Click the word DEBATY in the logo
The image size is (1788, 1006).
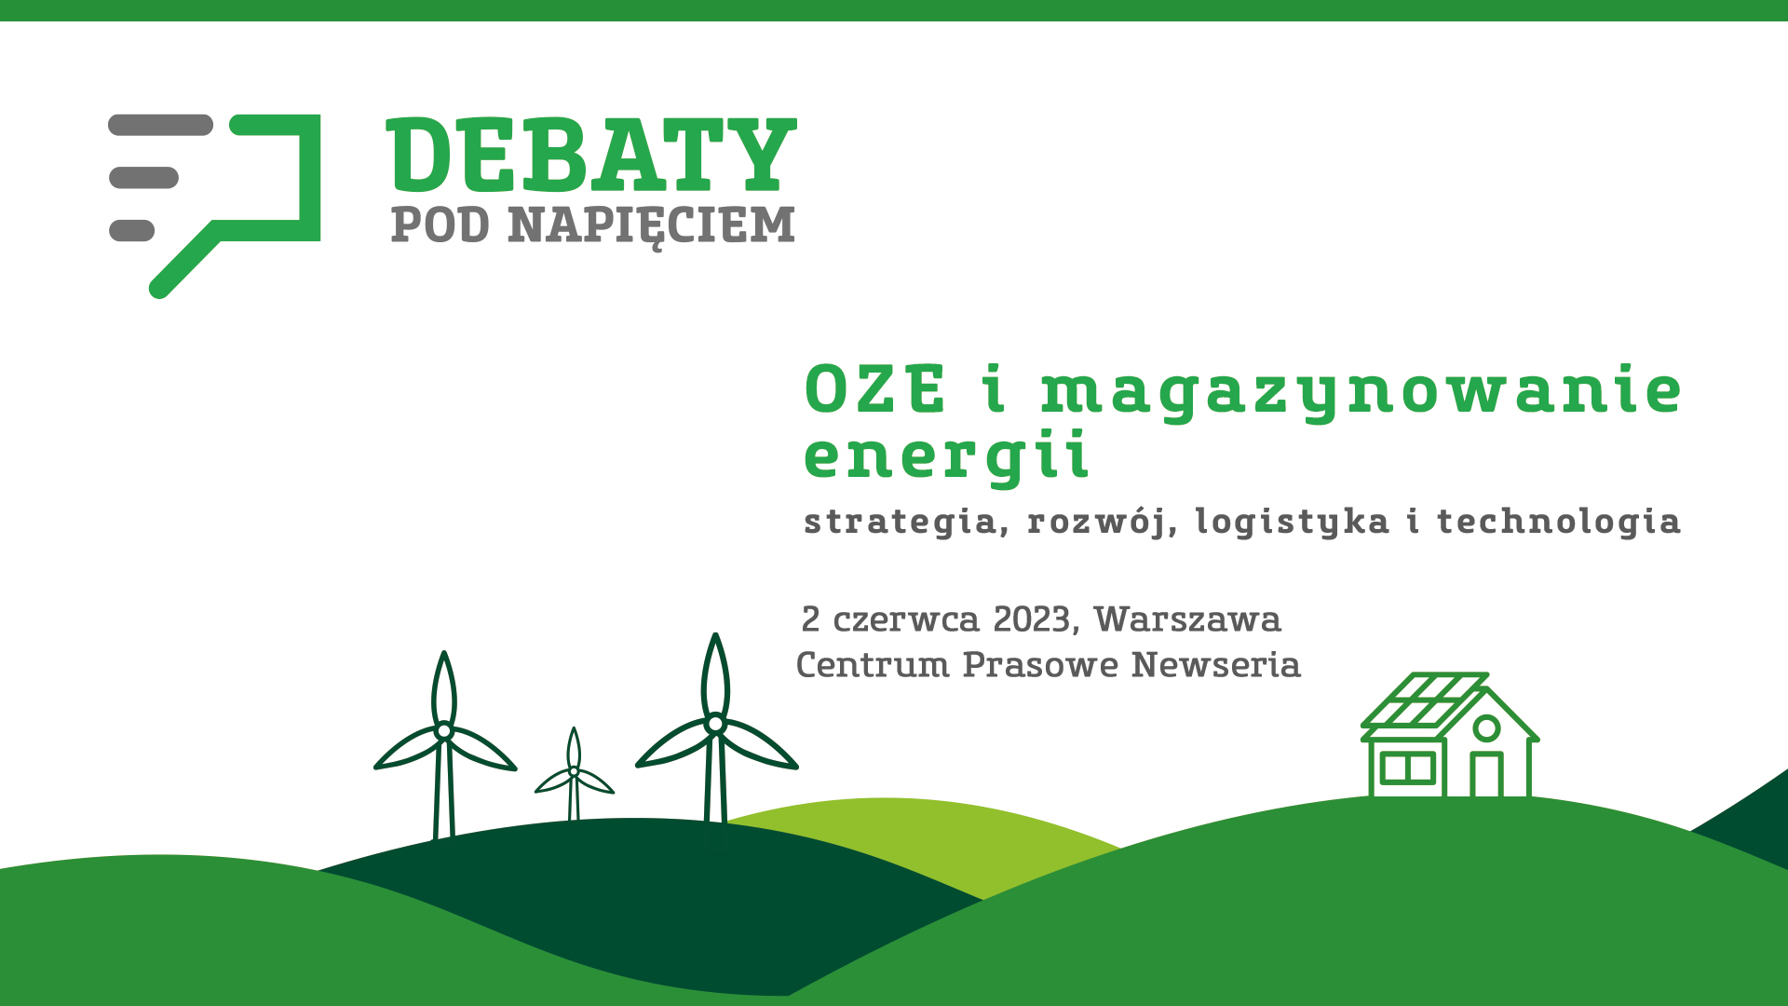[591, 154]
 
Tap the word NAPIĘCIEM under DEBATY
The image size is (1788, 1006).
[652, 226]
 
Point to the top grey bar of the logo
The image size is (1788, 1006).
[160, 125]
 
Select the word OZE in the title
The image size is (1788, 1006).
[875, 389]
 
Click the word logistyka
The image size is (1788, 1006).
[1292, 522]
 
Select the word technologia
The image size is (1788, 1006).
[1559, 522]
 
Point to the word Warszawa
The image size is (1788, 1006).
[1187, 619]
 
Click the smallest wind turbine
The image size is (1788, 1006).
[574, 775]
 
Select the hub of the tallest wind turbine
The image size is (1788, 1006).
[715, 724]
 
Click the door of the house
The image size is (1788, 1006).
[1486, 774]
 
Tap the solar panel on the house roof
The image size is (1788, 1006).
[1424, 699]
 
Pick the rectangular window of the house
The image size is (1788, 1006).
[1407, 768]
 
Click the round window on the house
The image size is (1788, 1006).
[1487, 727]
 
